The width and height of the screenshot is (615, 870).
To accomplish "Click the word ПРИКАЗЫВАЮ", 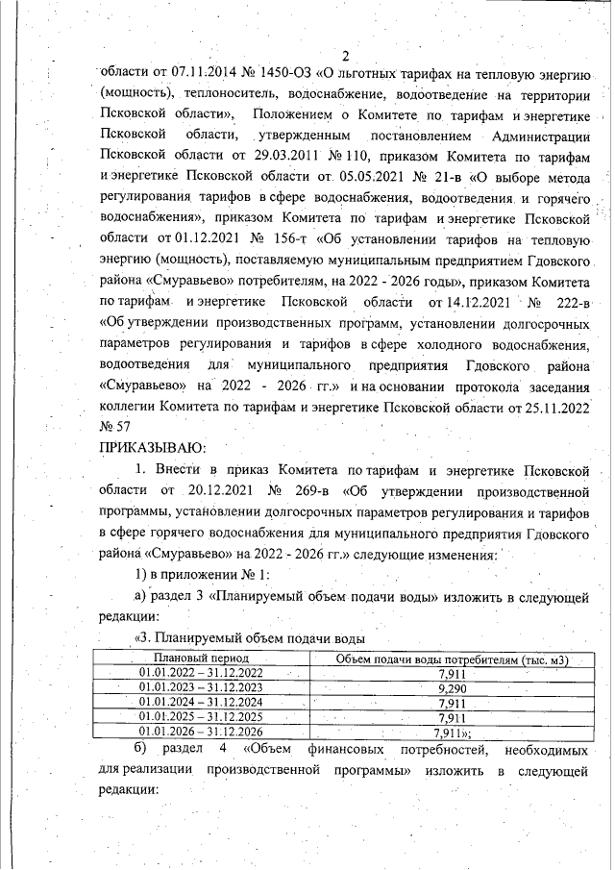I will pos(151,448).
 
